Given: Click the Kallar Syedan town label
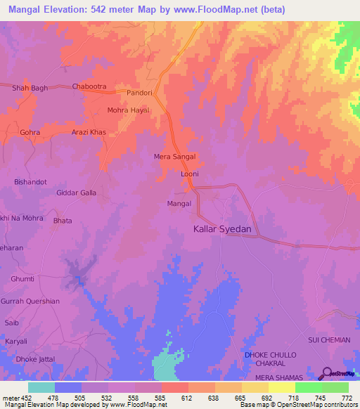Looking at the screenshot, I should click(x=222, y=229).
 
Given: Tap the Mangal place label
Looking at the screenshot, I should click(x=179, y=204).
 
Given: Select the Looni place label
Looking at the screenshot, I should click(x=191, y=174).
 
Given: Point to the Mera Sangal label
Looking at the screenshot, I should click(x=174, y=157).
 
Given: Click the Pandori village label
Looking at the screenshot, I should click(x=139, y=93).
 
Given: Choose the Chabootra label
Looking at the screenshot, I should click(x=89, y=87).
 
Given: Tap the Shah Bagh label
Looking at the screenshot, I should click(x=30, y=88).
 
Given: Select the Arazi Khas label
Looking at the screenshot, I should click(x=89, y=132).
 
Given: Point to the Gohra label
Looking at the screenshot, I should click(x=30, y=132).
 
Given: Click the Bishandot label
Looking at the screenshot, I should click(x=30, y=182).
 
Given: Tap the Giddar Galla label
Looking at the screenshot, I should click(x=77, y=192).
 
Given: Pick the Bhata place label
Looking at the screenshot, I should click(x=63, y=220).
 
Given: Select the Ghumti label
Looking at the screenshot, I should click(x=22, y=279).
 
